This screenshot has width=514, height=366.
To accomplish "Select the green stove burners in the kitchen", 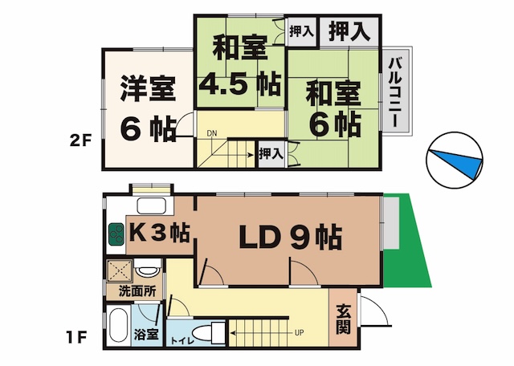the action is point(116,234).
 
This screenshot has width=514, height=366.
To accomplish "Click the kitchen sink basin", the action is point(152,205).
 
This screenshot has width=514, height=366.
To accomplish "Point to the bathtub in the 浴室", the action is point(118,325).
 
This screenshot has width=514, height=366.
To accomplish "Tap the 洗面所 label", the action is point(137,291).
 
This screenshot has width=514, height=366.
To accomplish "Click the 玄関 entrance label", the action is point(343,319).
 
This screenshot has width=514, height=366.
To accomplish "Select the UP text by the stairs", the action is point(299,333).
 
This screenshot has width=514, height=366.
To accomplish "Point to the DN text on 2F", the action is point(212,133).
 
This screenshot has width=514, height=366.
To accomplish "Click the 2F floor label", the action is point(80,141).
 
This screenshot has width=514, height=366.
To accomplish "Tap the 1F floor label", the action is point(76,337).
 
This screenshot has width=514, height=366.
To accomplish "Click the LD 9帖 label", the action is point(290,237).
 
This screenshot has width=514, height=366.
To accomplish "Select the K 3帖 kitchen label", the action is point(159,233).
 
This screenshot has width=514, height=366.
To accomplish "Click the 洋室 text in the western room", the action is point(149,88).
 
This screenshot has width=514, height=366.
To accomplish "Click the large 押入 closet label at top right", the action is point(349,31).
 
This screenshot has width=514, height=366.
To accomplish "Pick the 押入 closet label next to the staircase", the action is point(271,153).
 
